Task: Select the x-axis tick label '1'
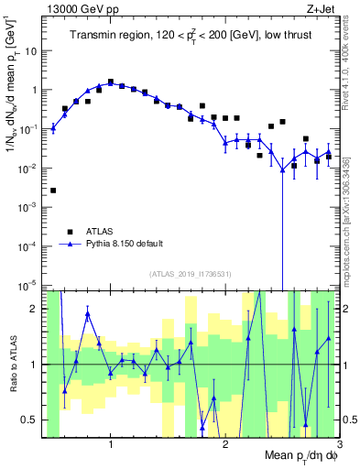point(111,444)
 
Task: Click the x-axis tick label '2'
point(225,444)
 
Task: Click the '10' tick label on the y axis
point(32,51)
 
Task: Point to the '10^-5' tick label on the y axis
point(30,286)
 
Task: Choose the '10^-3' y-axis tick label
point(30,208)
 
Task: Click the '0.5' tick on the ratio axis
point(30,420)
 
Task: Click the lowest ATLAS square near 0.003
point(53,191)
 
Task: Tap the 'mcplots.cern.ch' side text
point(352,224)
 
